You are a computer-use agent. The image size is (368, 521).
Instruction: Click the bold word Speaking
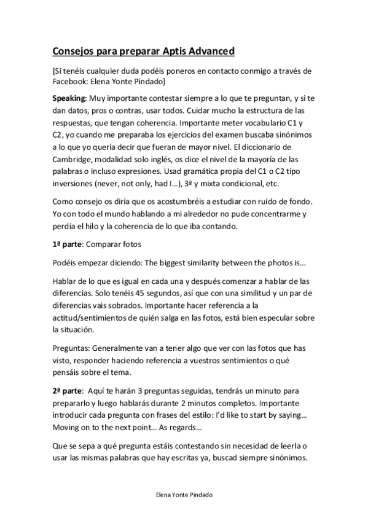[69, 98]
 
